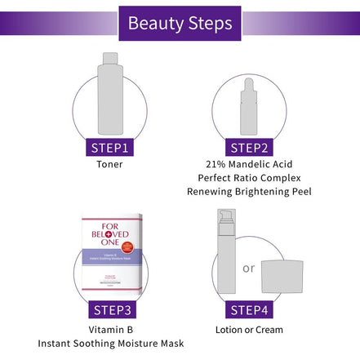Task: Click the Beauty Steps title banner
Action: (180, 23)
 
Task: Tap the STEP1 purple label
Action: (109, 147)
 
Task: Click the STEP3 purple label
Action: (109, 310)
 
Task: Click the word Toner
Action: (109, 164)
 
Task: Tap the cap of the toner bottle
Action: (109, 60)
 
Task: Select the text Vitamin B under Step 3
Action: (109, 328)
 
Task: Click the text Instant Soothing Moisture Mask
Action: (109, 343)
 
